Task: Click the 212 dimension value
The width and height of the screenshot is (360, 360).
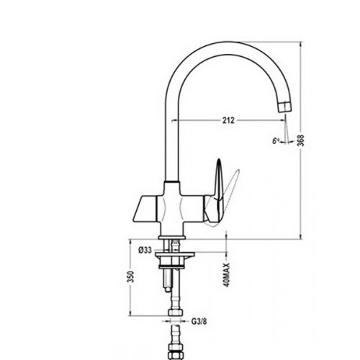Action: point(228,120)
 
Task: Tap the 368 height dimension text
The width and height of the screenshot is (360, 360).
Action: point(301,140)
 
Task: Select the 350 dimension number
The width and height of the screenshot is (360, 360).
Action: point(131,276)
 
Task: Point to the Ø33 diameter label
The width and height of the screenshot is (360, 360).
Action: point(145,251)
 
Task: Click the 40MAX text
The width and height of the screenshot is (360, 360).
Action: point(227,275)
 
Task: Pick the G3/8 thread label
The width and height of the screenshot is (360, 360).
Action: point(199,321)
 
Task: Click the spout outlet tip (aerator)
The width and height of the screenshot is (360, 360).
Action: point(285,107)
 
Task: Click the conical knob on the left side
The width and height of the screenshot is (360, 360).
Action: point(145,208)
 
